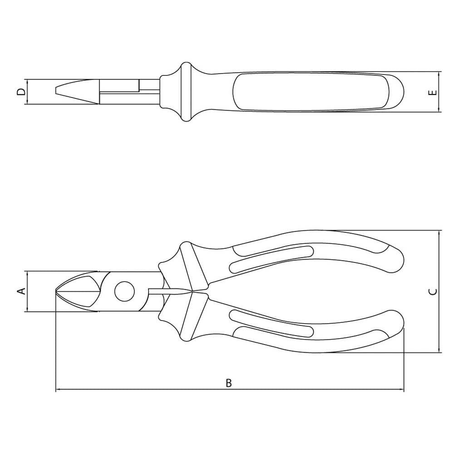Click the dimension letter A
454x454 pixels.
22,291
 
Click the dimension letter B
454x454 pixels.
229,383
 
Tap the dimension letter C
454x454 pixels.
433,291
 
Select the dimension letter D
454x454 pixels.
21,92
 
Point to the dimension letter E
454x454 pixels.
433,93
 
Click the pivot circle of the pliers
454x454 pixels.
124,291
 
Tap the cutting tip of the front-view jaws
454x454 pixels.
56,291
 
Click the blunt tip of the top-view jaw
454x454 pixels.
56,89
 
